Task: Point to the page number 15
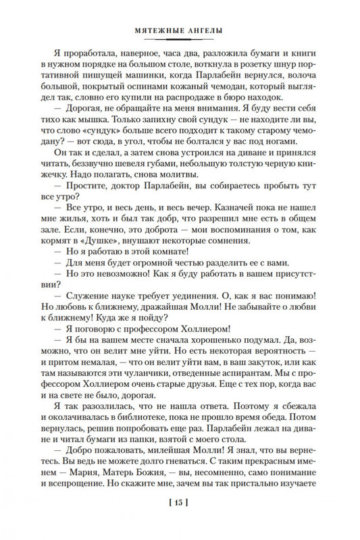[x=180, y=521]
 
